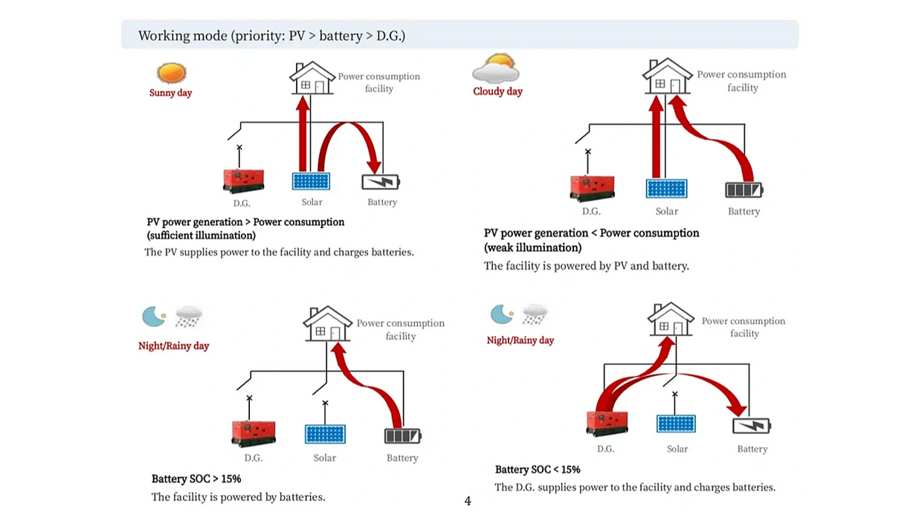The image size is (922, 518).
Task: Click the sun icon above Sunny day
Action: [x=171, y=74]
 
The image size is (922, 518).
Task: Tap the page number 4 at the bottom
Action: [x=468, y=501]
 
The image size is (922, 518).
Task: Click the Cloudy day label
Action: [x=497, y=91]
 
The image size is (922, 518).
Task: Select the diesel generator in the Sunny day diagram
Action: [x=243, y=181]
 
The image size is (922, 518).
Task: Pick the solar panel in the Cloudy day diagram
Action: [x=666, y=189]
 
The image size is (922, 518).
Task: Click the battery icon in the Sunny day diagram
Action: [x=381, y=182]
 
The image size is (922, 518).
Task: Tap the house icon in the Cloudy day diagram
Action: [x=667, y=77]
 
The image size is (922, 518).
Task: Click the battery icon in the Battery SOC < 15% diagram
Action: [x=751, y=426]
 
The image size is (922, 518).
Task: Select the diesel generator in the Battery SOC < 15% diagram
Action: [x=607, y=423]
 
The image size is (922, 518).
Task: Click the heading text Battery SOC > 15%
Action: [x=196, y=479]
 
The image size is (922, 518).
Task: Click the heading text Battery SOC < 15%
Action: [x=538, y=470]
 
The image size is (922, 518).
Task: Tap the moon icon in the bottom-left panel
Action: [x=154, y=317]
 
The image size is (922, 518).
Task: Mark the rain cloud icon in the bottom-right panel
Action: [x=535, y=314]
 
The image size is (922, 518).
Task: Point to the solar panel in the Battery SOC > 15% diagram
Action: [x=325, y=433]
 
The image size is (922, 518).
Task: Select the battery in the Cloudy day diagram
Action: [x=744, y=190]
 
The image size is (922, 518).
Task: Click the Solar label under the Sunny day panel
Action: [x=312, y=202]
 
